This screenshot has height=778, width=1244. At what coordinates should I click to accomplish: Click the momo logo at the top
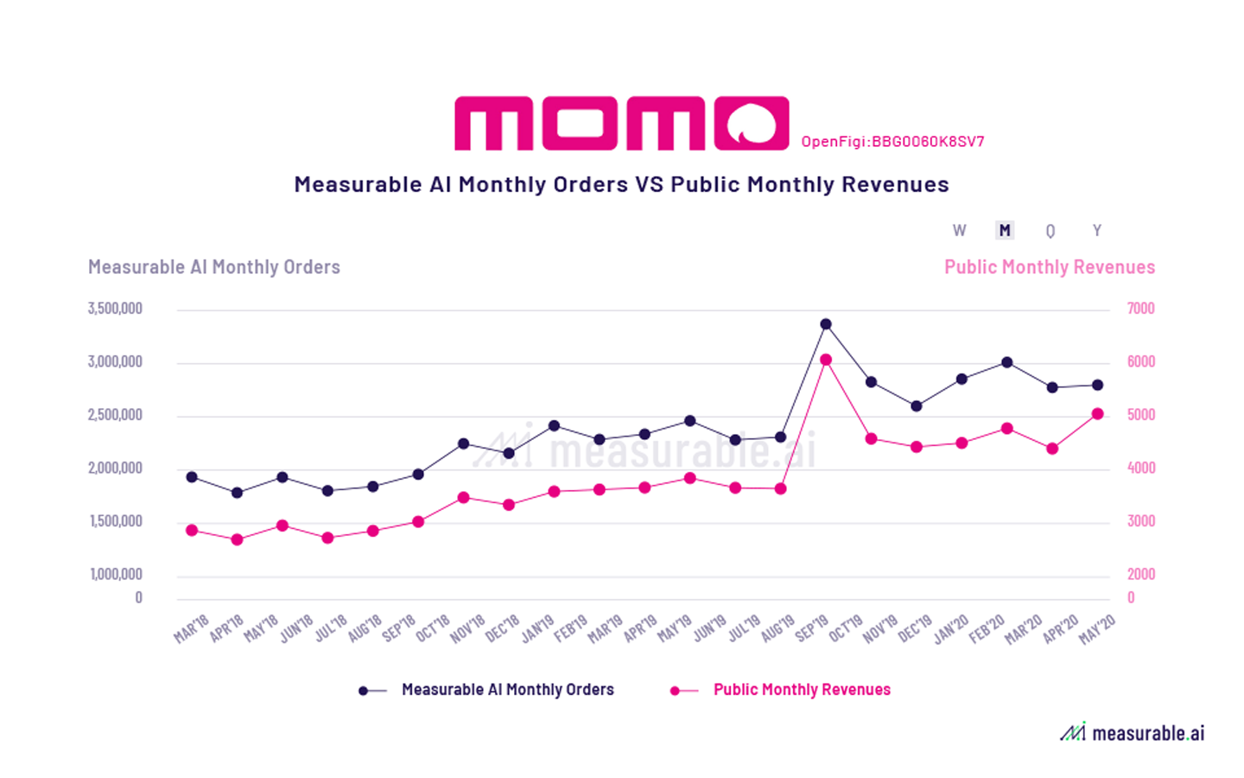(x=621, y=124)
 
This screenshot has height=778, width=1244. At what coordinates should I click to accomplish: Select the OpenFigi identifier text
(x=892, y=142)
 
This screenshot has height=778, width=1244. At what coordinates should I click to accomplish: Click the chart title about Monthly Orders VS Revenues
(x=621, y=184)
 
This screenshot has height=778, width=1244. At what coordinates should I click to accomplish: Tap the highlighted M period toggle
(x=1004, y=231)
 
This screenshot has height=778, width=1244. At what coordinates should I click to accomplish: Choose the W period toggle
(x=959, y=231)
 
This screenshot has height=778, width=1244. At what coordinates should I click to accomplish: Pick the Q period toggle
(x=1050, y=231)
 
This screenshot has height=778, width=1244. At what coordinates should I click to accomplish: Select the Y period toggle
(x=1097, y=231)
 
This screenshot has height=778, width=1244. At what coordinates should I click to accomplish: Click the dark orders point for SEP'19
(x=826, y=324)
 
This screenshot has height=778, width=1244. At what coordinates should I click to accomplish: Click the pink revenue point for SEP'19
(x=826, y=360)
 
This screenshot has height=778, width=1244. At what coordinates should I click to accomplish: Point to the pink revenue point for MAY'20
(x=1098, y=414)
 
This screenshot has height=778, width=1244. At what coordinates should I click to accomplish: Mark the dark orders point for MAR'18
(x=192, y=477)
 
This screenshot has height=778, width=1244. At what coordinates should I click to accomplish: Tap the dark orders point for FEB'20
(x=1007, y=362)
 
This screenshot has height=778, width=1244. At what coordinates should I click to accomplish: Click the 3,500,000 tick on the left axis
(x=115, y=309)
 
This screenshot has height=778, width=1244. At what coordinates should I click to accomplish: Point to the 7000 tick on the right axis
(x=1140, y=309)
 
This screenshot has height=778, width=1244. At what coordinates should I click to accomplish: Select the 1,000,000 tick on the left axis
(x=116, y=574)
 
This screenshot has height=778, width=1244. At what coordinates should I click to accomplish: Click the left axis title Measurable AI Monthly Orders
(x=214, y=267)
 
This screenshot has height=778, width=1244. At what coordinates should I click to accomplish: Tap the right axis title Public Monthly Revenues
(x=1049, y=267)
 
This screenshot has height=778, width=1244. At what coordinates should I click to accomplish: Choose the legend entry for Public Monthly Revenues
(x=801, y=690)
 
